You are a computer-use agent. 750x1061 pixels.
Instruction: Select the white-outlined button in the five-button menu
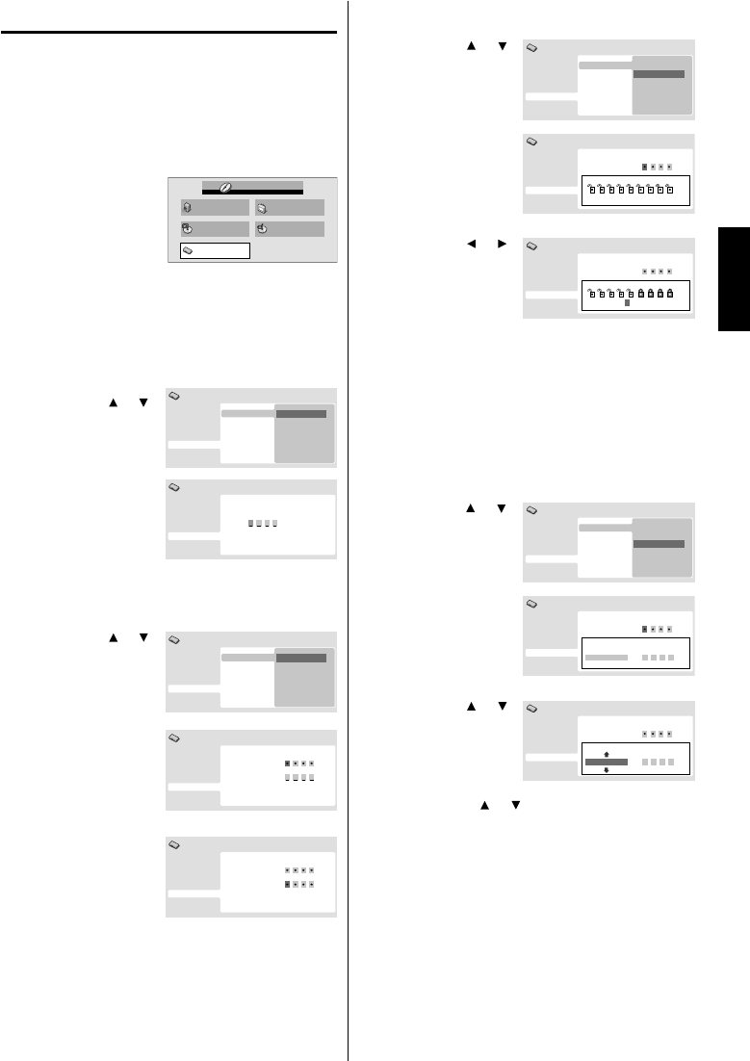(x=215, y=251)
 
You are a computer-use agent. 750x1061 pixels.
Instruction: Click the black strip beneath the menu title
(x=252, y=191)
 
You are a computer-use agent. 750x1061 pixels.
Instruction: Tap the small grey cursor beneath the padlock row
(x=626, y=302)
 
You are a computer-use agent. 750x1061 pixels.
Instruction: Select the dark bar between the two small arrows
(x=606, y=762)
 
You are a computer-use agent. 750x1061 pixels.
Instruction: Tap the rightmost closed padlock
(x=670, y=292)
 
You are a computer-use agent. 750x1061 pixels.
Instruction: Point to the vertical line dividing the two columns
(x=348, y=530)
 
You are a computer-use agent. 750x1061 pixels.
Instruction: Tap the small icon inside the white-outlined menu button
(x=188, y=251)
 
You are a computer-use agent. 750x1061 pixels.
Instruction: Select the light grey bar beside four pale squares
(x=606, y=658)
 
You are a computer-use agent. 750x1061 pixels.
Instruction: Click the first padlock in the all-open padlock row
(x=590, y=189)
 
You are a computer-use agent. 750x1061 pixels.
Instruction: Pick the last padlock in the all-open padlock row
(x=670, y=189)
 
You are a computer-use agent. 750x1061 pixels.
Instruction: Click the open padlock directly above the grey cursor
(x=630, y=292)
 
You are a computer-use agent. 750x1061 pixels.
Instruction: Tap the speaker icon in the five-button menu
(x=188, y=208)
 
